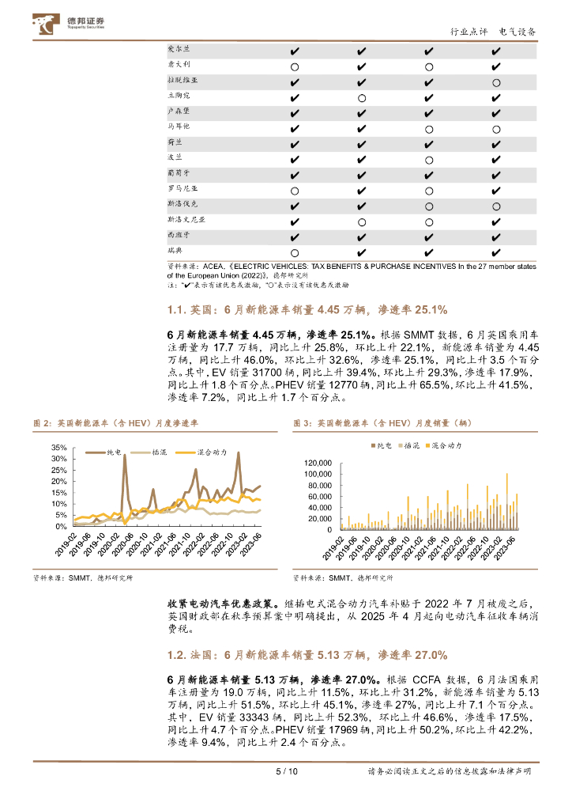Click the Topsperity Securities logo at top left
point(70,24)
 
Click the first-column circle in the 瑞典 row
point(294,252)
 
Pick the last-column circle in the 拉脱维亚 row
point(495,82)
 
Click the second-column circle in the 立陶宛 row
point(361,98)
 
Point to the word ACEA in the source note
point(215,267)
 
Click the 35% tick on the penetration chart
point(58,448)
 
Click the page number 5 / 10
point(285,772)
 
